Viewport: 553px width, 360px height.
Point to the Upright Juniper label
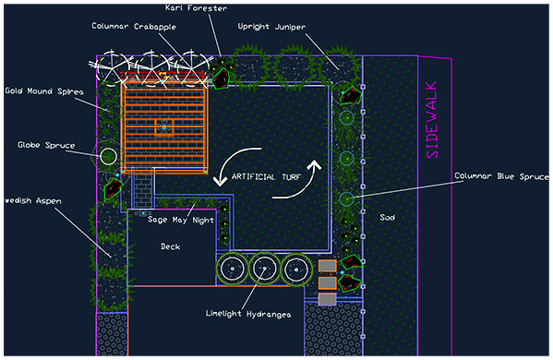(x=270, y=27)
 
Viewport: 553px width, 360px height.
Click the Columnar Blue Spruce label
(x=502, y=175)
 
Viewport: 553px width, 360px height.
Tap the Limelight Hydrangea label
(x=248, y=315)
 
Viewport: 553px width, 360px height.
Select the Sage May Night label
(x=181, y=221)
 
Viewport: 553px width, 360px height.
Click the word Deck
(x=170, y=246)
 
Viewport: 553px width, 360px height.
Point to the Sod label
(x=387, y=218)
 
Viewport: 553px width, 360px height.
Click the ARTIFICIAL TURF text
(x=266, y=176)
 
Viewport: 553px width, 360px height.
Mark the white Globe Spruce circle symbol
(x=109, y=156)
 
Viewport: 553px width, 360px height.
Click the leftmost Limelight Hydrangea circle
(x=233, y=269)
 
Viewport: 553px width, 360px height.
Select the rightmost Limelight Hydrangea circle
(x=295, y=269)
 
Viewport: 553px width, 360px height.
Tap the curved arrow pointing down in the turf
(x=228, y=167)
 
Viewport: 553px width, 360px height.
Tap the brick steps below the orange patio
(x=143, y=192)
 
